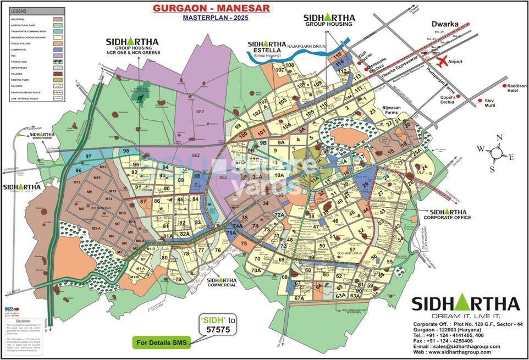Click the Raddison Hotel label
516,89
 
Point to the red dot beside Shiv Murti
478,101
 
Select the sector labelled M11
77,182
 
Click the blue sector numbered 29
363,186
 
